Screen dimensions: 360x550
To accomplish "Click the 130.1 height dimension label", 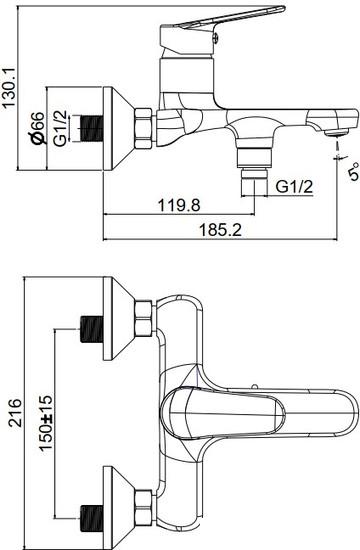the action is pos(9,88).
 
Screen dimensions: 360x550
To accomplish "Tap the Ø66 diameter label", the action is pos(37,128).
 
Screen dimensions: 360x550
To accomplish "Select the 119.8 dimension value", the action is pos(179,205).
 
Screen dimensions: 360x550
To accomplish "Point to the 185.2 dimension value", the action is pos(221,230).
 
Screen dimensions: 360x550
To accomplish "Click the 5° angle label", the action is pos(354,171).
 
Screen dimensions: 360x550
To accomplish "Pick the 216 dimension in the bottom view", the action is pos(15,413).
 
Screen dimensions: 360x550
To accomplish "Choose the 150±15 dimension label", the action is pos(46,423).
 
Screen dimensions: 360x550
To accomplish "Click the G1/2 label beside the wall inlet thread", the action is pos(60,128).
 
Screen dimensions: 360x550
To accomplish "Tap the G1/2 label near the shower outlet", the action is pos(294,187).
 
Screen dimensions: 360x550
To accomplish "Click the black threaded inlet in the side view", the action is pos(92,129).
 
